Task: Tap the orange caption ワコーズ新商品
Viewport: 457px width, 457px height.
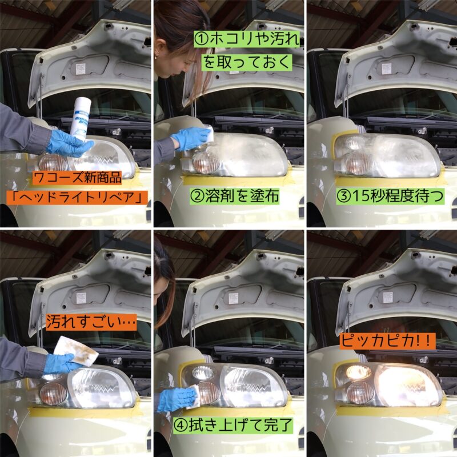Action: [77, 178]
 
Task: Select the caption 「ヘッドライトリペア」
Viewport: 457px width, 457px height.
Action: [77, 198]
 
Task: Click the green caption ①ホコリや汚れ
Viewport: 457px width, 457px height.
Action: [247, 39]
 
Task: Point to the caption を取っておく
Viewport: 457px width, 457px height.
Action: [247, 62]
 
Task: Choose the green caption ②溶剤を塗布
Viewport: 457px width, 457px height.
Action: [235, 195]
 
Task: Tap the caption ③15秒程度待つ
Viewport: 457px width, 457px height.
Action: [390, 196]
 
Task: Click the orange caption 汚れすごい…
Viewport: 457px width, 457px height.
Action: [91, 322]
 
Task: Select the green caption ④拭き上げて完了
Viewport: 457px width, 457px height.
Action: [233, 425]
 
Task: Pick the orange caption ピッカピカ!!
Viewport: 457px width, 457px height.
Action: [387, 340]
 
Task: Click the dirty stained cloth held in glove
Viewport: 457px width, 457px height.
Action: [77, 351]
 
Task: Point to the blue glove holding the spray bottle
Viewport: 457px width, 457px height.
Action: [69, 143]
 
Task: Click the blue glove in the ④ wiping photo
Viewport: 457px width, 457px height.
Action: [175, 398]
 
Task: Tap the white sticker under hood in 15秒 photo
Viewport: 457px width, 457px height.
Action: [387, 69]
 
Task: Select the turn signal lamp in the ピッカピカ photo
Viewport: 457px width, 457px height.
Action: [360, 392]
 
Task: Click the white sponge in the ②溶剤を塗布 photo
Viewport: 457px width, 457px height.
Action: [209, 133]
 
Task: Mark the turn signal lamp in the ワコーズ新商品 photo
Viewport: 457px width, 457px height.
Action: [53, 163]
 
